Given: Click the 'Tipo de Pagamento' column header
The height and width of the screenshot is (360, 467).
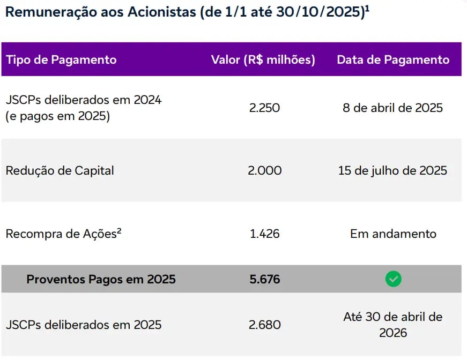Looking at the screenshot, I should coord(61,59).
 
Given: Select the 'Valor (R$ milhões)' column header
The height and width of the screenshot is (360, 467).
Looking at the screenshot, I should coord(263,59).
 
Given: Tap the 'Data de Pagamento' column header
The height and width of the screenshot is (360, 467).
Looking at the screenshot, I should coord(393,59).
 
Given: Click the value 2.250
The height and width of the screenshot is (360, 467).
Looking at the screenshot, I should coord(264,108).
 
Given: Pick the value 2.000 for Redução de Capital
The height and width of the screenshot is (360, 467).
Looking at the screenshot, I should coord(265,171).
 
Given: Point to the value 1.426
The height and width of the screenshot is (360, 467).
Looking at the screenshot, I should coord(264,234).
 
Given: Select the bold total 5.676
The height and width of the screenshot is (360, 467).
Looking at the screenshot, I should coord(264,279).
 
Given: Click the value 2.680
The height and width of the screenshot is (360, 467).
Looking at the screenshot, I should coord(264,325).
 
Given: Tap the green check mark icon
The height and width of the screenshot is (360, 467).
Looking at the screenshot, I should coord(393,279).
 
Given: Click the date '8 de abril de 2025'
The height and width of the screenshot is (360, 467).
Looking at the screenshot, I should coord(393,108).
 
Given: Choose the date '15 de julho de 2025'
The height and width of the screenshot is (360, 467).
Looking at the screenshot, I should coord(393,171).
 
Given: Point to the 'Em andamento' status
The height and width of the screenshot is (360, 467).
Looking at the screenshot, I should coord(393,234).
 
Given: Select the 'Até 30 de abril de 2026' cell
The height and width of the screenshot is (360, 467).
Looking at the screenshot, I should coord(393,325).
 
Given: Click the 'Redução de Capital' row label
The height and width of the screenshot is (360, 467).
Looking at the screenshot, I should coord(60,171).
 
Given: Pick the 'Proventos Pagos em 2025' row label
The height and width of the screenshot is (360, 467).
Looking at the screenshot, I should coord(101,279).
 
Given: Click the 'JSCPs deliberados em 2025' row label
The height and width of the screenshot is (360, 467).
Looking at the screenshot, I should coord(83,325).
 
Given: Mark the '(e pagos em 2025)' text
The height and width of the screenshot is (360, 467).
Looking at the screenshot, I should coord(57,116).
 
